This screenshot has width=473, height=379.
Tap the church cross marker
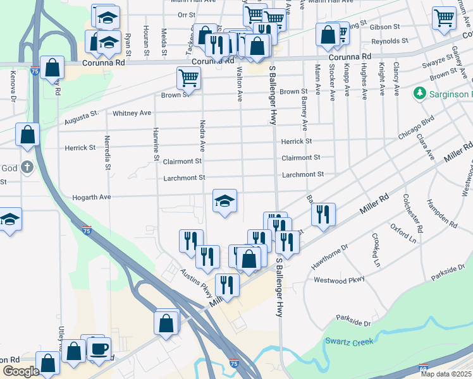[x=27, y=167]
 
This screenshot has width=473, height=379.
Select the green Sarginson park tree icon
[x=419, y=93]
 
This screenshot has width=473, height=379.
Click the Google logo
[x=21, y=371]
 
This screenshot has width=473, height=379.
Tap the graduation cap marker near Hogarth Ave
[x=224, y=202]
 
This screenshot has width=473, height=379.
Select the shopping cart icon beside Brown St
[x=188, y=79]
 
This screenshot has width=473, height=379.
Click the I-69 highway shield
[x=423, y=368]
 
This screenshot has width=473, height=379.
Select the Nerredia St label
[x=107, y=152]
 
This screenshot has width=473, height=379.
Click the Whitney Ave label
[x=132, y=113]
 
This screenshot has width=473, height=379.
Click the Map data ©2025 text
[x=446, y=374]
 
